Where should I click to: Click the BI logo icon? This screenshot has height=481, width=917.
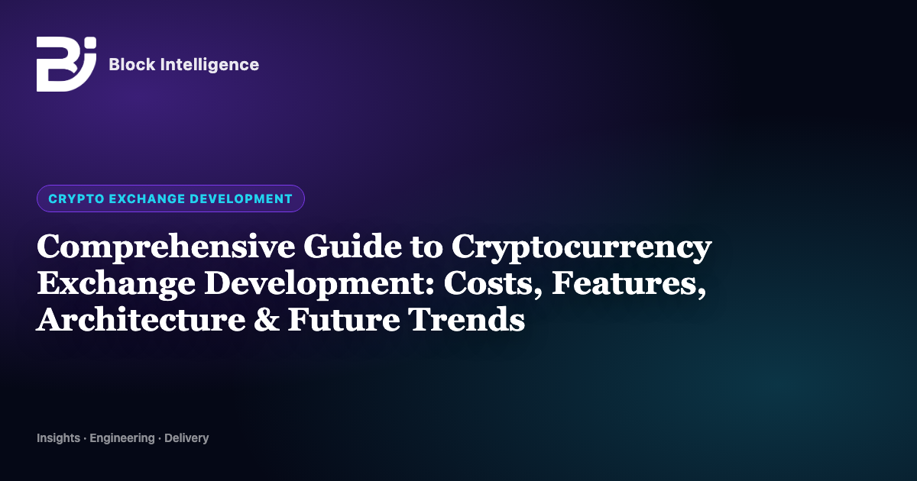(66, 64)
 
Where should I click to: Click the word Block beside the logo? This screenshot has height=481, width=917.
(132, 65)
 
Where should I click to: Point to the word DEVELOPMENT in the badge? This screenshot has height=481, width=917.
(241, 199)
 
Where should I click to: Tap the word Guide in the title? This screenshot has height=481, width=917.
(352, 246)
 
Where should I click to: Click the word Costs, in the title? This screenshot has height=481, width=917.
(494, 284)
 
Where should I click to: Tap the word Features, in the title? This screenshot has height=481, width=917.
(629, 284)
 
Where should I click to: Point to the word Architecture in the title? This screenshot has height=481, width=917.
(141, 320)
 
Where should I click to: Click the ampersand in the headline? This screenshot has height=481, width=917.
(267, 320)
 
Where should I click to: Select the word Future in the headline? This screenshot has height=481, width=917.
(344, 320)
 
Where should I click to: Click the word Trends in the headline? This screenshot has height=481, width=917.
(467, 320)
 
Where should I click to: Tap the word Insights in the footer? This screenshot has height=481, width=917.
(59, 438)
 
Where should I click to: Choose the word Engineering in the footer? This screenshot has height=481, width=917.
(122, 438)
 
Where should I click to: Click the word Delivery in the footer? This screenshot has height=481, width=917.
(186, 438)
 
